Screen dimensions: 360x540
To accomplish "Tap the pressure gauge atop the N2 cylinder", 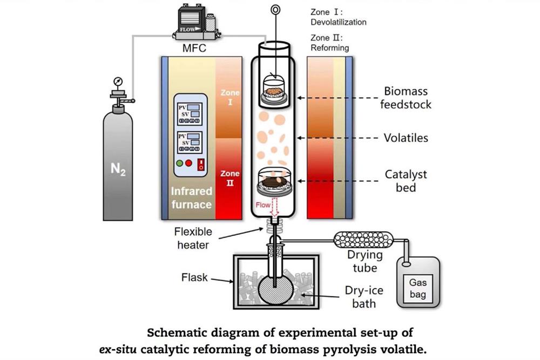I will point(117,83).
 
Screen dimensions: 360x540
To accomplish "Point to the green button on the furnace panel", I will point(179,163).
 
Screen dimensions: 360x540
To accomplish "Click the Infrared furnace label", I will point(192,198).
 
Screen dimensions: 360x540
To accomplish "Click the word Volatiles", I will point(406,138).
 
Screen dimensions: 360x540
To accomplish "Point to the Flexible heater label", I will point(193,237).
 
